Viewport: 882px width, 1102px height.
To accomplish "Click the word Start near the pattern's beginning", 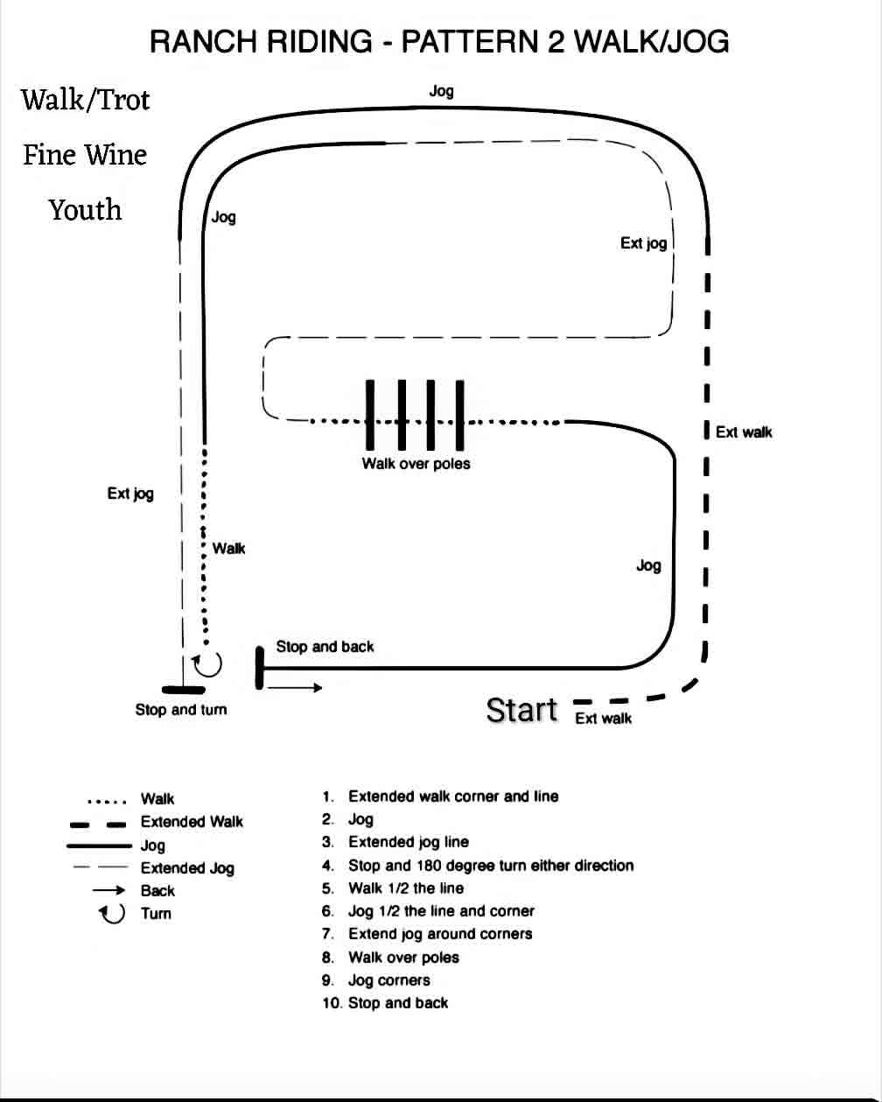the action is (x=521, y=710).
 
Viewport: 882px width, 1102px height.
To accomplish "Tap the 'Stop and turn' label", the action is (x=181, y=710).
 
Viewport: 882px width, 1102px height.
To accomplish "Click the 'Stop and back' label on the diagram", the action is (x=325, y=646).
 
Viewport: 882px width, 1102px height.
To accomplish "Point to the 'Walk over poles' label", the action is (x=416, y=463).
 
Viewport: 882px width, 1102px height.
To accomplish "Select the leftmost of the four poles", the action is (x=369, y=415).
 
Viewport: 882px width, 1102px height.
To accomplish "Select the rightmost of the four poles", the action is (x=459, y=415).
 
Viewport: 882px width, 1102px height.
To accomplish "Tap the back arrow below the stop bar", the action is (x=295, y=688).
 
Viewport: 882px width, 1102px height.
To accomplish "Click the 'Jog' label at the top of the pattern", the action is (x=441, y=92).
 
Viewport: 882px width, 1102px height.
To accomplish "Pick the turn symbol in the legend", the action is (x=112, y=913).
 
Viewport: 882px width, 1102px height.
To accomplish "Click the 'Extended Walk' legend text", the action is (x=192, y=822).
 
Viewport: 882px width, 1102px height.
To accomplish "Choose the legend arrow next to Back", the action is (x=108, y=890).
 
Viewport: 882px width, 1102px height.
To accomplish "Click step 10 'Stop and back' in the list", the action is (x=385, y=1003).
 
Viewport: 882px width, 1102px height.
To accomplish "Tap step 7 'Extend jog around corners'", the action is (x=427, y=934).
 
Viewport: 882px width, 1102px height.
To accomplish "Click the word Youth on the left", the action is (x=86, y=210).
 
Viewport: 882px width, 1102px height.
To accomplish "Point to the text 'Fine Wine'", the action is (x=85, y=155).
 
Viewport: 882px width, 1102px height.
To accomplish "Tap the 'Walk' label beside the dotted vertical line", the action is (x=229, y=549).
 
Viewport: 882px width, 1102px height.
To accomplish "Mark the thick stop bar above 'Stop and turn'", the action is (x=183, y=690).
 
